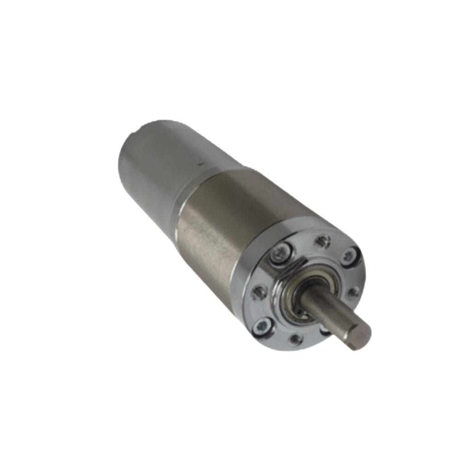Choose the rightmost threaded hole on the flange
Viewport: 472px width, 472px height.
[354, 292]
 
